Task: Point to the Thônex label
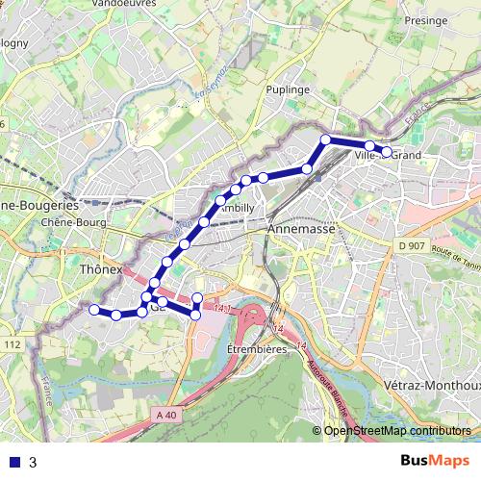(101, 270)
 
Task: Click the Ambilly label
(237, 208)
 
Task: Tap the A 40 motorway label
(165, 415)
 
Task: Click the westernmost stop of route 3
(94, 309)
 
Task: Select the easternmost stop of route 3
(387, 152)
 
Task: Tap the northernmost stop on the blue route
(326, 139)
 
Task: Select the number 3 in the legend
(33, 462)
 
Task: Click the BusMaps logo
(434, 461)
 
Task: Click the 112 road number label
(12, 344)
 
